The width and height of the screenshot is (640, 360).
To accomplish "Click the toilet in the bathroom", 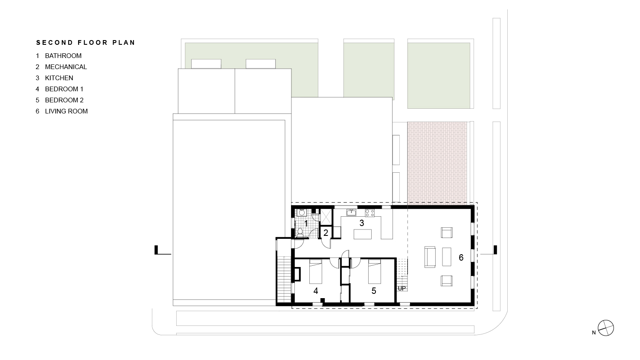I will [x=300, y=232].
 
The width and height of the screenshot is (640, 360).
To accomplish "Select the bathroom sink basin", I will [x=301, y=212].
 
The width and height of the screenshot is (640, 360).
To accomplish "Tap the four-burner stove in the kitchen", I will [x=369, y=212].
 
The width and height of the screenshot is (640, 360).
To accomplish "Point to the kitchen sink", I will [x=351, y=212].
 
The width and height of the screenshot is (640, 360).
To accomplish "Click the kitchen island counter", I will [x=362, y=234].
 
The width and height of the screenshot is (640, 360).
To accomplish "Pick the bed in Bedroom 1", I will [x=316, y=271].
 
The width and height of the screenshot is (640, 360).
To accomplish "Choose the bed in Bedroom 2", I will [x=374, y=271].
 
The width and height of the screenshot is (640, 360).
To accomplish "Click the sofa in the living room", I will [x=430, y=257].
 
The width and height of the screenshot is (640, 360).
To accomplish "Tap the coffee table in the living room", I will [x=447, y=257].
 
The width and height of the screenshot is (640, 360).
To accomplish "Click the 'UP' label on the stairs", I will [x=401, y=288].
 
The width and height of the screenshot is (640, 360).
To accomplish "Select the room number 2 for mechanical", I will [x=326, y=233].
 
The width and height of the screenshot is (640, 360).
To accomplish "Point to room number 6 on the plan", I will [x=461, y=257].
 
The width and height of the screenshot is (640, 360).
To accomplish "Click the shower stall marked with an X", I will [x=326, y=216].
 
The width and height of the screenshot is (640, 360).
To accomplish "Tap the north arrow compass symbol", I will [x=606, y=328].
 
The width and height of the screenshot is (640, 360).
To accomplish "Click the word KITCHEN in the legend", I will [x=59, y=78].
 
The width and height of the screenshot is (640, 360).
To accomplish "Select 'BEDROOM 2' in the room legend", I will [x=64, y=100].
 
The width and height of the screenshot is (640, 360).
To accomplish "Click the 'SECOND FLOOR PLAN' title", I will [x=86, y=43].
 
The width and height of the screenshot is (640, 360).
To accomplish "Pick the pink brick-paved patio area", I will [x=437, y=162].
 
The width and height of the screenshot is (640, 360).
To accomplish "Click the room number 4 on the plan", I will [x=316, y=291].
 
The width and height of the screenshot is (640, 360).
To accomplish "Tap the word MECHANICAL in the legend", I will [x=66, y=67].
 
